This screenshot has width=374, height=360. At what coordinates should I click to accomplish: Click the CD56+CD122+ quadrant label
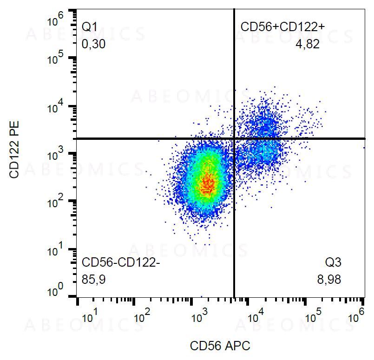coord(282,26)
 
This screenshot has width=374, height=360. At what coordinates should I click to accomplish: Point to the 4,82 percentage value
coord(308,45)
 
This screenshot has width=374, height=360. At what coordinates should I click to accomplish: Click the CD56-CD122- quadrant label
coord(121,263)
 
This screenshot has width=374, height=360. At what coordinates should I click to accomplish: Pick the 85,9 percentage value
coord(93,280)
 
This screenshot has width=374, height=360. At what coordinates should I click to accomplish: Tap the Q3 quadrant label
coord(333,263)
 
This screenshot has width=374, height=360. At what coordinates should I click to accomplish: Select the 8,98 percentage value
coord(329,280)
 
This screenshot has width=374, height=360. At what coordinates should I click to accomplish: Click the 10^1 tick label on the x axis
coord(90,319)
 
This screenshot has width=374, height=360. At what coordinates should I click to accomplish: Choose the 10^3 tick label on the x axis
coord(199,319)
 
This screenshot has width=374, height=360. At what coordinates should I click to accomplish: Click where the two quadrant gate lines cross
coord(234,138)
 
